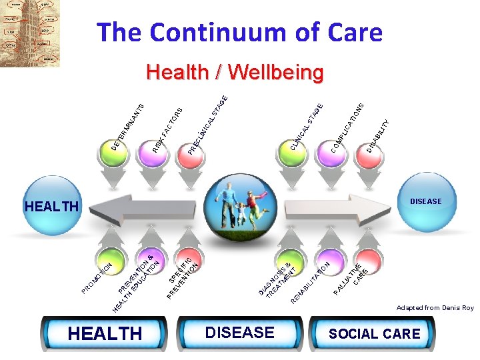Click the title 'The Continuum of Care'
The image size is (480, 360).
point(239,32)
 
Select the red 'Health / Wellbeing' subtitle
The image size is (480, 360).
point(235,72)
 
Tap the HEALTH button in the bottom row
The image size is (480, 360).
point(106,333)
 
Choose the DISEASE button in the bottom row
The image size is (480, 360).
point(240,332)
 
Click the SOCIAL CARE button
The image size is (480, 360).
point(374,333)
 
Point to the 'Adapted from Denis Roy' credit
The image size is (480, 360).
point(435,307)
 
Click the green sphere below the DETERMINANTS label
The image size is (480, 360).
point(109,154)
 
